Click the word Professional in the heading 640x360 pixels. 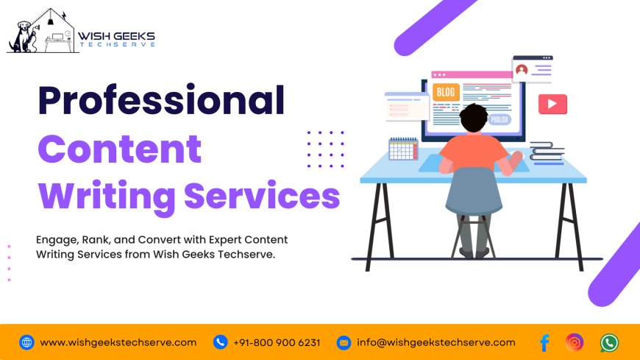(x=160, y=101)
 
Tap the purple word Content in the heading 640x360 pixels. (x=119, y=149)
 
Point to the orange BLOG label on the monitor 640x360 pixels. (x=445, y=92)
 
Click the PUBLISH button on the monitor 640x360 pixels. (x=499, y=120)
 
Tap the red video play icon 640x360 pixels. (x=552, y=104)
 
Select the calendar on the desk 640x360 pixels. (x=403, y=149)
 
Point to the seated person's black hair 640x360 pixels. (x=473, y=117)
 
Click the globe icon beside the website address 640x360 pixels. (x=26, y=342)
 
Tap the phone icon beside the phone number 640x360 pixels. (x=220, y=342)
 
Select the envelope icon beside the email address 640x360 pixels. (x=344, y=342)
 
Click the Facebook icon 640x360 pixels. (x=544, y=342)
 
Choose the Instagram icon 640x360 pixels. (x=575, y=342)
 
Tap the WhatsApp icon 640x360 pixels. (x=609, y=342)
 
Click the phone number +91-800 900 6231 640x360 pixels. (x=277, y=342)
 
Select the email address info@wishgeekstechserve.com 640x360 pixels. (x=436, y=342)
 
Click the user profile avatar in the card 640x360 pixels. (x=522, y=70)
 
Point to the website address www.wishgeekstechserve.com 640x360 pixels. (x=118, y=342)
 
